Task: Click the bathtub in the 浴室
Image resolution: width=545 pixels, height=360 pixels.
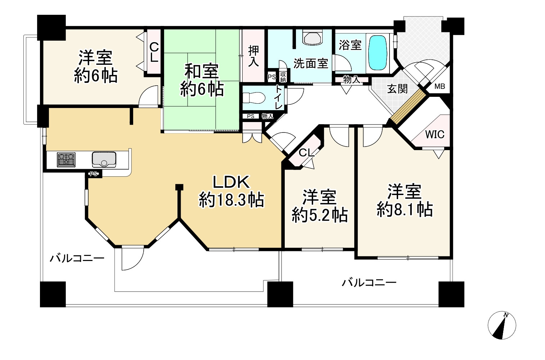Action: pos(378,53)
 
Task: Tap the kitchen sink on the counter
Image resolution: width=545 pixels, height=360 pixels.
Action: pos(104,159)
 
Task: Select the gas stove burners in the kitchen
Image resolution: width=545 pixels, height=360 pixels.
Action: pos(66,160)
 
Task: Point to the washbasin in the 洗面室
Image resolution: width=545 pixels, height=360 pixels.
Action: pos(312,38)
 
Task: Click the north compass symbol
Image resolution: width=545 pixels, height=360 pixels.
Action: pos(502,325)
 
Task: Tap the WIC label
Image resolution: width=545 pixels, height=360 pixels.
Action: pos(435,134)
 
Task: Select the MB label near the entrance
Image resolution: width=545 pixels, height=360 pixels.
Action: pos(440,86)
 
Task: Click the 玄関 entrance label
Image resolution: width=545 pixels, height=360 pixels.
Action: pos(397,89)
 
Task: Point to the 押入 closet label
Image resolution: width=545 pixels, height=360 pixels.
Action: pos(253,57)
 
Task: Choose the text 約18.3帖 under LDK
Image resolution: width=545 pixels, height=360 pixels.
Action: pos(231,200)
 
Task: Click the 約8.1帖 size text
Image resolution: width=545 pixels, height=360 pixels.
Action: pos(405,209)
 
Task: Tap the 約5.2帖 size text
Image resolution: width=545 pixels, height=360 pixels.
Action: pos(320,215)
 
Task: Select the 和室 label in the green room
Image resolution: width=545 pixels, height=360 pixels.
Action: pos(202,71)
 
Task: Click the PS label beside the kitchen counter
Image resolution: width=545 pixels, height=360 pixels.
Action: pos(94,174)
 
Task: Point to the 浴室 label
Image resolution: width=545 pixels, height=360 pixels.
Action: pos(350,45)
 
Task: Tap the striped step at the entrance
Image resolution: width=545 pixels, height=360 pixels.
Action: pos(408,107)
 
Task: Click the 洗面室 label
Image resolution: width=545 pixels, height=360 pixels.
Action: pos(311,63)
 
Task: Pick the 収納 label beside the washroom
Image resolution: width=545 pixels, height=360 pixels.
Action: pos(283,77)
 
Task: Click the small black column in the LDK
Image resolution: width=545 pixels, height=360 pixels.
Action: pos(179,187)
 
